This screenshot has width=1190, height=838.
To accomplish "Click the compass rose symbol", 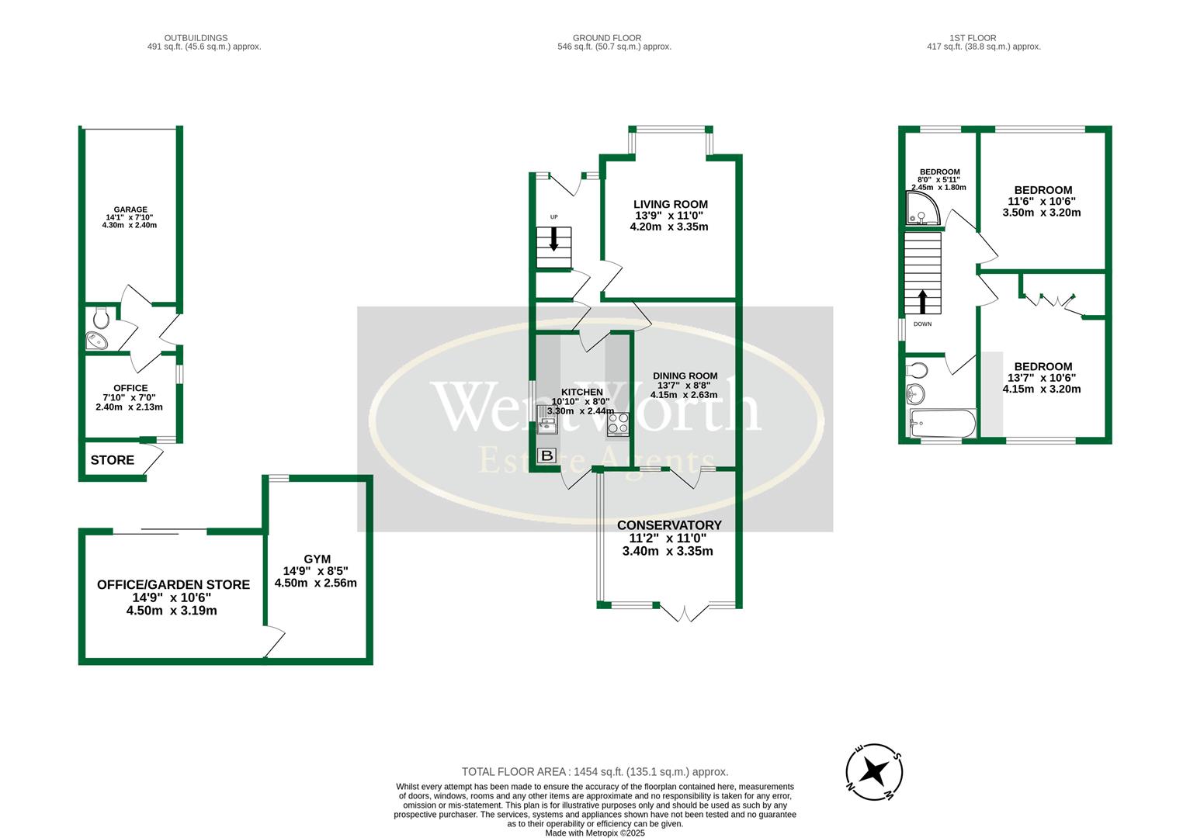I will [x=875, y=771].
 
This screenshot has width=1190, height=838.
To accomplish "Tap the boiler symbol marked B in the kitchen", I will [x=546, y=455].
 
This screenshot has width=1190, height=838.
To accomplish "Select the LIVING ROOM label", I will [x=671, y=204].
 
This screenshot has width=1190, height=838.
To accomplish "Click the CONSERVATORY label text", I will [x=669, y=525].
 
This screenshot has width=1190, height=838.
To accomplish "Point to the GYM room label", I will [x=317, y=559].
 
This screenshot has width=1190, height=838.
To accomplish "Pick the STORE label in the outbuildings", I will [x=113, y=460].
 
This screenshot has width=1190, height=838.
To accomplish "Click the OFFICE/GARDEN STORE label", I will [x=173, y=584].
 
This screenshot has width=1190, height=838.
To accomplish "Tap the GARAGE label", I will [x=130, y=209].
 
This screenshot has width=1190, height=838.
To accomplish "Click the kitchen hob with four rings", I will [x=619, y=424].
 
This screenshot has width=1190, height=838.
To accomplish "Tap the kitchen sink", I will [x=546, y=424].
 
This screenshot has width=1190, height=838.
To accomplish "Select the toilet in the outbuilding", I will [x=100, y=317].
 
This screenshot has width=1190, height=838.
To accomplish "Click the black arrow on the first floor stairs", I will [x=922, y=301].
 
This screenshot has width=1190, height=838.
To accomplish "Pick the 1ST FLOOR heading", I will [x=972, y=37].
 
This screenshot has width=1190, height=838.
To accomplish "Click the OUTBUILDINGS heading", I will [x=196, y=37].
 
